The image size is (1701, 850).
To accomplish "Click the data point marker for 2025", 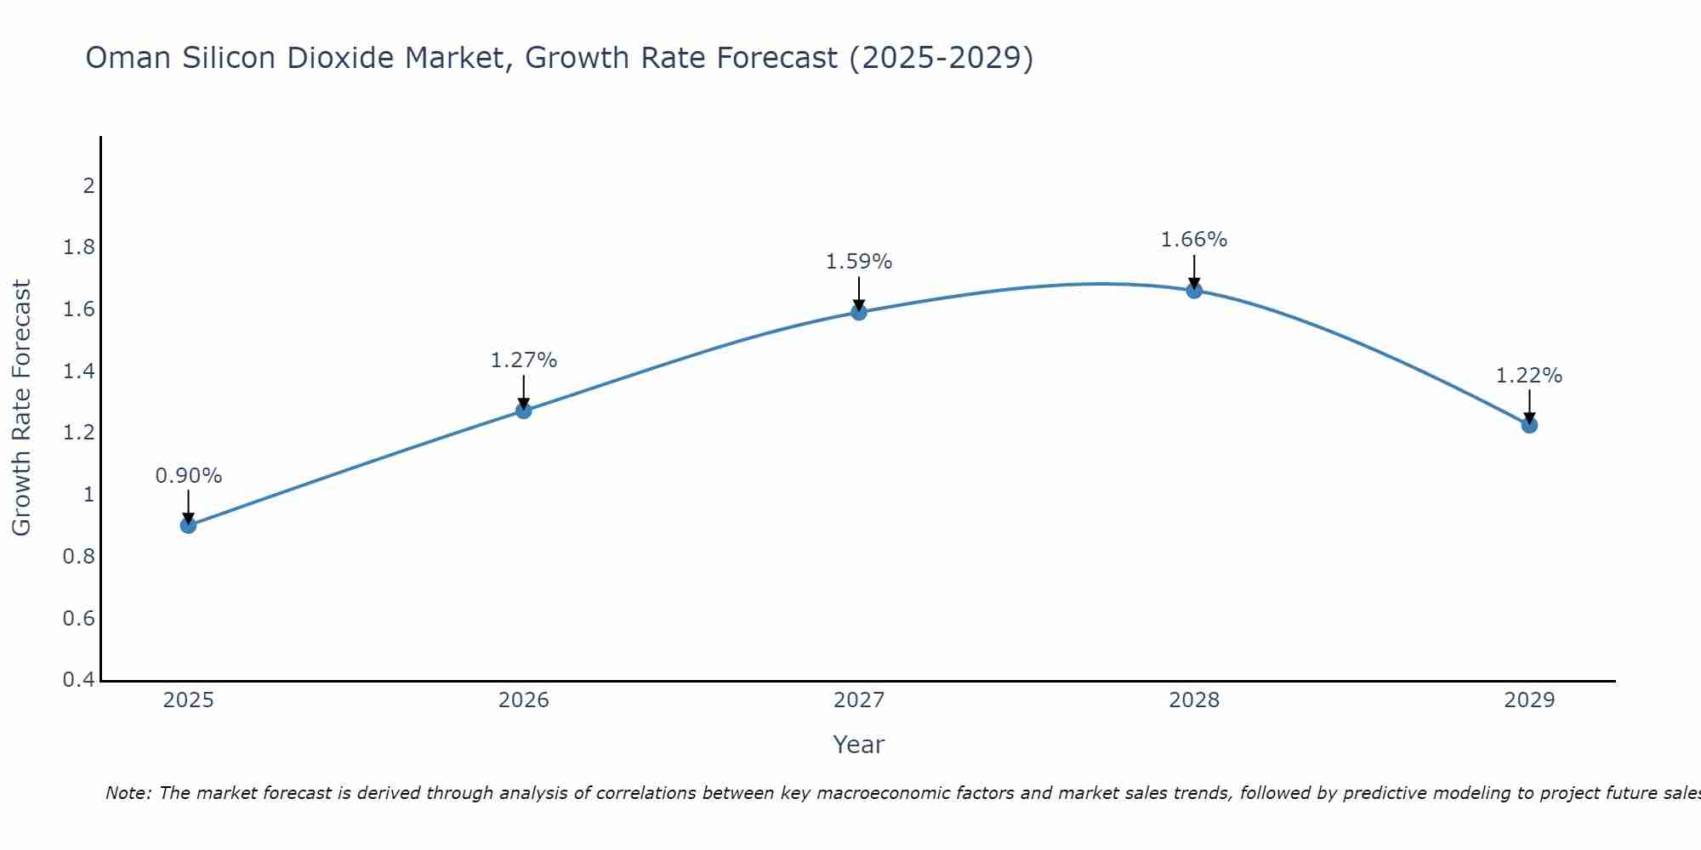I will pyautogui.click(x=188, y=525).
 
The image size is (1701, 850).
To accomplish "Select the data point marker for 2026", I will pyautogui.click(x=524, y=411).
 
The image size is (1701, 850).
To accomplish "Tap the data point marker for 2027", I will pyautogui.click(x=859, y=312).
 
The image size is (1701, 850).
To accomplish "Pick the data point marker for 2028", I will pyautogui.click(x=1194, y=291).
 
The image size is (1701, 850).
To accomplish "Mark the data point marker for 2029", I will pyautogui.click(x=1529, y=425).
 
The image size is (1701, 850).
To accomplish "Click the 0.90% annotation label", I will pyautogui.click(x=188, y=476).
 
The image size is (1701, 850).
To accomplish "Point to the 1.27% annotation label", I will pyautogui.click(x=524, y=360).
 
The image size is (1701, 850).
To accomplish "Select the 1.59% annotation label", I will pyautogui.click(x=859, y=262).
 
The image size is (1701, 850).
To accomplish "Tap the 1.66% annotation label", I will pyautogui.click(x=1194, y=240).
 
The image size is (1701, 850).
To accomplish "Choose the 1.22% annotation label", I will pyautogui.click(x=1529, y=376).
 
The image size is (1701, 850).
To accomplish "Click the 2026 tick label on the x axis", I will pyautogui.click(x=524, y=700).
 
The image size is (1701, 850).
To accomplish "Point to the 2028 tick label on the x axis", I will pyautogui.click(x=1194, y=700).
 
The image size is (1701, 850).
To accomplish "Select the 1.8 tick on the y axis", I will pyautogui.click(x=79, y=247).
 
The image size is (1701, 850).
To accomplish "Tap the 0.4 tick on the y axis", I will pyautogui.click(x=79, y=680).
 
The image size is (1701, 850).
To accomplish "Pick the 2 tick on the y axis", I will pyautogui.click(x=88, y=185).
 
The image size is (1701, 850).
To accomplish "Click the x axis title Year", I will pyautogui.click(x=859, y=745).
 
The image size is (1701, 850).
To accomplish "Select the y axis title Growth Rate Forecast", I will pyautogui.click(x=21, y=408).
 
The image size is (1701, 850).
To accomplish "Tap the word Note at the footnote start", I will pyautogui.click(x=128, y=793).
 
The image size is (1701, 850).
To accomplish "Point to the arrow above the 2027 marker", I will pyautogui.click(x=859, y=292).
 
